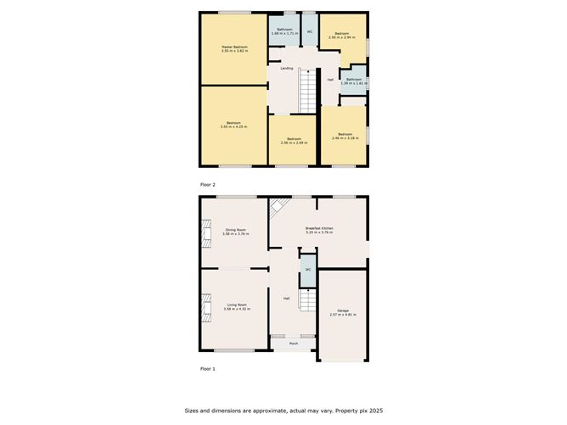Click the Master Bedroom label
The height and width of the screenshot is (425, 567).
coord(234,49)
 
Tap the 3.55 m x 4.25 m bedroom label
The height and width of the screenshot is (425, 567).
coord(234,124)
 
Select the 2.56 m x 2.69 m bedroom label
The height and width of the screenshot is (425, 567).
coord(294,140)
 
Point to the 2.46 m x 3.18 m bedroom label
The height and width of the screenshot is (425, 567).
coord(344,136)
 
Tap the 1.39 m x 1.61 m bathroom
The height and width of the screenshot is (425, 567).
coord(353,81)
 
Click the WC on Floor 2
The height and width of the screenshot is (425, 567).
coord(310,32)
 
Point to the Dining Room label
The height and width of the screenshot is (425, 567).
coord(235,232)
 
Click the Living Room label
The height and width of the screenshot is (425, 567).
coord(235,306)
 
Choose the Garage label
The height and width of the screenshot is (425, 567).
coord(343,312)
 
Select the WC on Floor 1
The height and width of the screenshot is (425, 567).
coord(307,271)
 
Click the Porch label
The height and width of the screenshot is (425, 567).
coord(294,343)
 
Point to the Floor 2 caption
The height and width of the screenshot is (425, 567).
coord(208,184)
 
